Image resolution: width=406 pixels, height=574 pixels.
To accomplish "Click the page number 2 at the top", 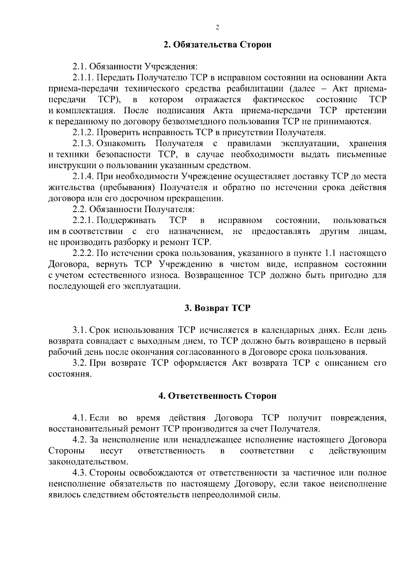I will click(x=217, y=28).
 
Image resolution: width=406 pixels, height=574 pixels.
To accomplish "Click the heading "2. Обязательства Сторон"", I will click(x=217, y=45).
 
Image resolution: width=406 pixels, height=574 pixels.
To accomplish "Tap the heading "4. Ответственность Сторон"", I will click(x=217, y=396).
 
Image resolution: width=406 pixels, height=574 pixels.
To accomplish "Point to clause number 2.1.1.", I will click(x=83, y=78).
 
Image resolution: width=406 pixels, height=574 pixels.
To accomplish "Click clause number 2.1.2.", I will click(x=83, y=133).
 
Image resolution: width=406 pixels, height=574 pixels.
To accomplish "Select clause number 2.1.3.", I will click(x=83, y=143).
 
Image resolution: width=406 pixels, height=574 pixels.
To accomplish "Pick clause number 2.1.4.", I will click(x=83, y=177).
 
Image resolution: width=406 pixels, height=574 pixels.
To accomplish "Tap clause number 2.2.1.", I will click(x=83, y=221).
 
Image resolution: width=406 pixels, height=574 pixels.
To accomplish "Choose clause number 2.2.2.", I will click(x=83, y=253).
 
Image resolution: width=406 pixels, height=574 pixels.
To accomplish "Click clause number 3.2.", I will click(x=80, y=363).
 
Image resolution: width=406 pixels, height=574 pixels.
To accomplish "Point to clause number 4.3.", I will click(x=80, y=473).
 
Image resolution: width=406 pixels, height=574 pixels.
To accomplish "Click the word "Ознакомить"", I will click(x=121, y=143).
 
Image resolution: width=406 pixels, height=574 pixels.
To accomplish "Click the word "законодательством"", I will click(x=88, y=462).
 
